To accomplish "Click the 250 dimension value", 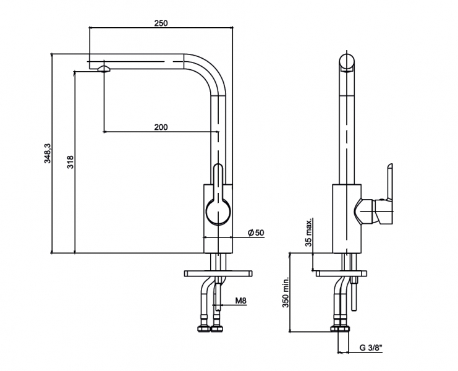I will (161, 23).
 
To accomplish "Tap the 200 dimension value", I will (161, 127).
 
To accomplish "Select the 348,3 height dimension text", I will (47, 153).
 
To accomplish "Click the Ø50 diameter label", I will (255, 232).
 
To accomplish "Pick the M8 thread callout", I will (241, 302).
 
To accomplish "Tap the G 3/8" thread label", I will (370, 348).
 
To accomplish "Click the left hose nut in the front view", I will (203, 328).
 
